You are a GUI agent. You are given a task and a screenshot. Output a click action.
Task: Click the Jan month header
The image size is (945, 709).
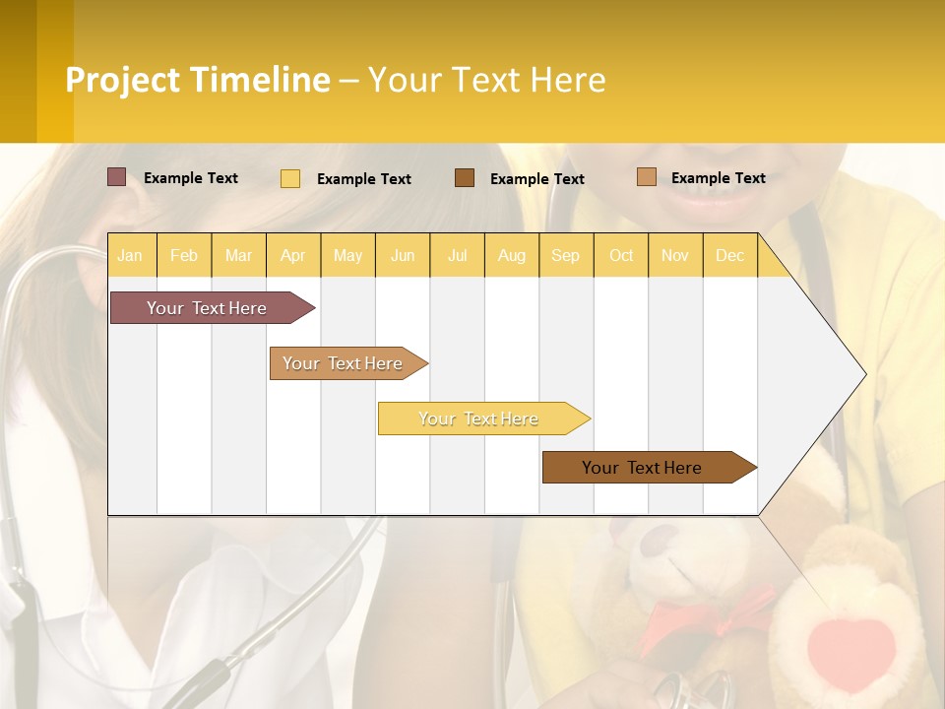pos(131,255)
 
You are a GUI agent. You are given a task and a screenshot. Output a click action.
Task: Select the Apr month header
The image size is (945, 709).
pos(293,255)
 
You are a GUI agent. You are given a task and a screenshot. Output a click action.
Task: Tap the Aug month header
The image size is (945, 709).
pos(512,255)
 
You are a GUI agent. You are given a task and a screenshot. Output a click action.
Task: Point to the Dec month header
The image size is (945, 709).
pos(729,255)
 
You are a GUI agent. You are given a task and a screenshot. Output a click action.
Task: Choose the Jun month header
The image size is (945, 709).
pos(403,255)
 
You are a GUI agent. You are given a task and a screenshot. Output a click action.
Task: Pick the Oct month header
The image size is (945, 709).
pos(621,255)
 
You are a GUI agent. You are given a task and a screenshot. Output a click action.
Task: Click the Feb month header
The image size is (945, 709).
pos(184,255)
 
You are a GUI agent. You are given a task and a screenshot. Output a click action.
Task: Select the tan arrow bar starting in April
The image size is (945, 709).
pos(345,363)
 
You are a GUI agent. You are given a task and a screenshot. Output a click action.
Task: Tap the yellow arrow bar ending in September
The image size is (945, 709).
pos(480,419)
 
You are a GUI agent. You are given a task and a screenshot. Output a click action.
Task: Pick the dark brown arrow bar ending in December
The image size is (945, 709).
pos(645,468)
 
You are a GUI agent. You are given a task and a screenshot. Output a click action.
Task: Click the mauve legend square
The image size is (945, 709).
pos(117,177)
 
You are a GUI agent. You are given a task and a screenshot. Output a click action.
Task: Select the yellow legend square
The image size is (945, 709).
pos(290,178)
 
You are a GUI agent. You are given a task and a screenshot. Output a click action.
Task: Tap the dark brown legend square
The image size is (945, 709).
pos(465,177)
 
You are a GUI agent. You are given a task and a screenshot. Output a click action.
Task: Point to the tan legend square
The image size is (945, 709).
pos(647,177)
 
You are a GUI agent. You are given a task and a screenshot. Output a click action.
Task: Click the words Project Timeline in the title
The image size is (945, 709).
pos(198,80)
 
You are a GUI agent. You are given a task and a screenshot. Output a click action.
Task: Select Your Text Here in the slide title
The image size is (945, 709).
pos(486,80)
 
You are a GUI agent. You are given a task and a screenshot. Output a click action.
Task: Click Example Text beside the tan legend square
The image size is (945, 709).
pos(718,178)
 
